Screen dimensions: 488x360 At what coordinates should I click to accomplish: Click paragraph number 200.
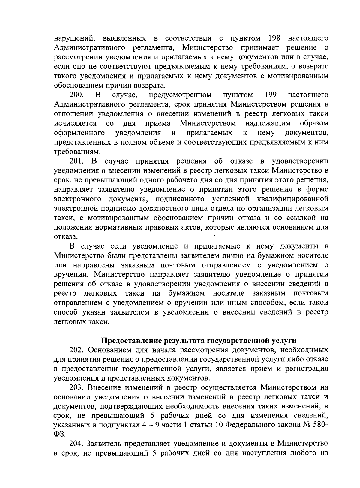tap(76, 95)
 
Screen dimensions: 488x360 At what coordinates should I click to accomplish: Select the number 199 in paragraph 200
tap(270, 95)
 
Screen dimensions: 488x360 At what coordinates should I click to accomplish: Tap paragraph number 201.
tap(76, 161)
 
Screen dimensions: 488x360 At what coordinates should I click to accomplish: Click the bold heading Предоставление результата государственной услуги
tap(198, 340)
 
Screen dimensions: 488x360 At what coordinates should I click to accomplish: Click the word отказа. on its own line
tap(63, 236)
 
